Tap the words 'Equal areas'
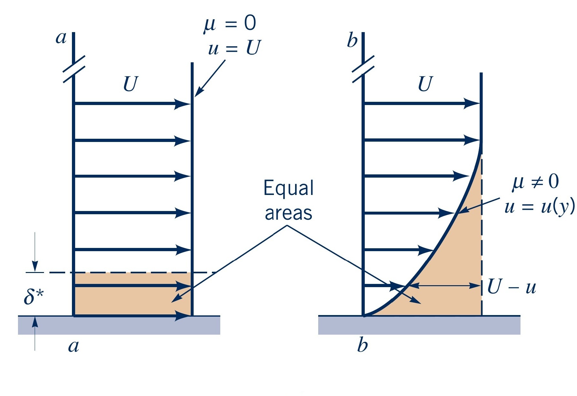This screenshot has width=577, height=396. coord(288,200)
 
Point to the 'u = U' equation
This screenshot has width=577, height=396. coord(234,48)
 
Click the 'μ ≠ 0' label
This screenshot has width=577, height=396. coord(535,182)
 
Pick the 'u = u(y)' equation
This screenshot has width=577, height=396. coord(539,207)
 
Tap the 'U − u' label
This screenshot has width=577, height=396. coord(511,286)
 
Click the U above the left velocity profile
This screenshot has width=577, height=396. coord(130,84)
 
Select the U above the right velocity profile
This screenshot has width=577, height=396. coord(425,84)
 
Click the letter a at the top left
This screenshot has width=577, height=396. coord(61,38)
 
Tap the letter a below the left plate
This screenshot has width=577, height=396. coord(74,346)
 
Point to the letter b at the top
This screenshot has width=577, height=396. coord(352,40)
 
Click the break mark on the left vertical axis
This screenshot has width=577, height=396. coord(74,69)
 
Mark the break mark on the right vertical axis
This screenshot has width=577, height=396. coord(363,69)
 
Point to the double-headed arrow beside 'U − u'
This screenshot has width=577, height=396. coord(445,286)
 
